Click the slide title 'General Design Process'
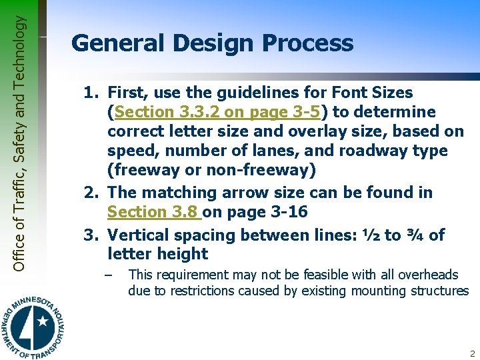[212, 44]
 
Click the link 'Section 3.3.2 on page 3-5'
[211, 112]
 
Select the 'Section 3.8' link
[153, 212]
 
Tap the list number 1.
[92, 93]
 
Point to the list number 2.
[92, 193]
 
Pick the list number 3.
[92, 235]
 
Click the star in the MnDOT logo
[43, 321]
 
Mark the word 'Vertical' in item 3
[139, 235]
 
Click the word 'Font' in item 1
[345, 93]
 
